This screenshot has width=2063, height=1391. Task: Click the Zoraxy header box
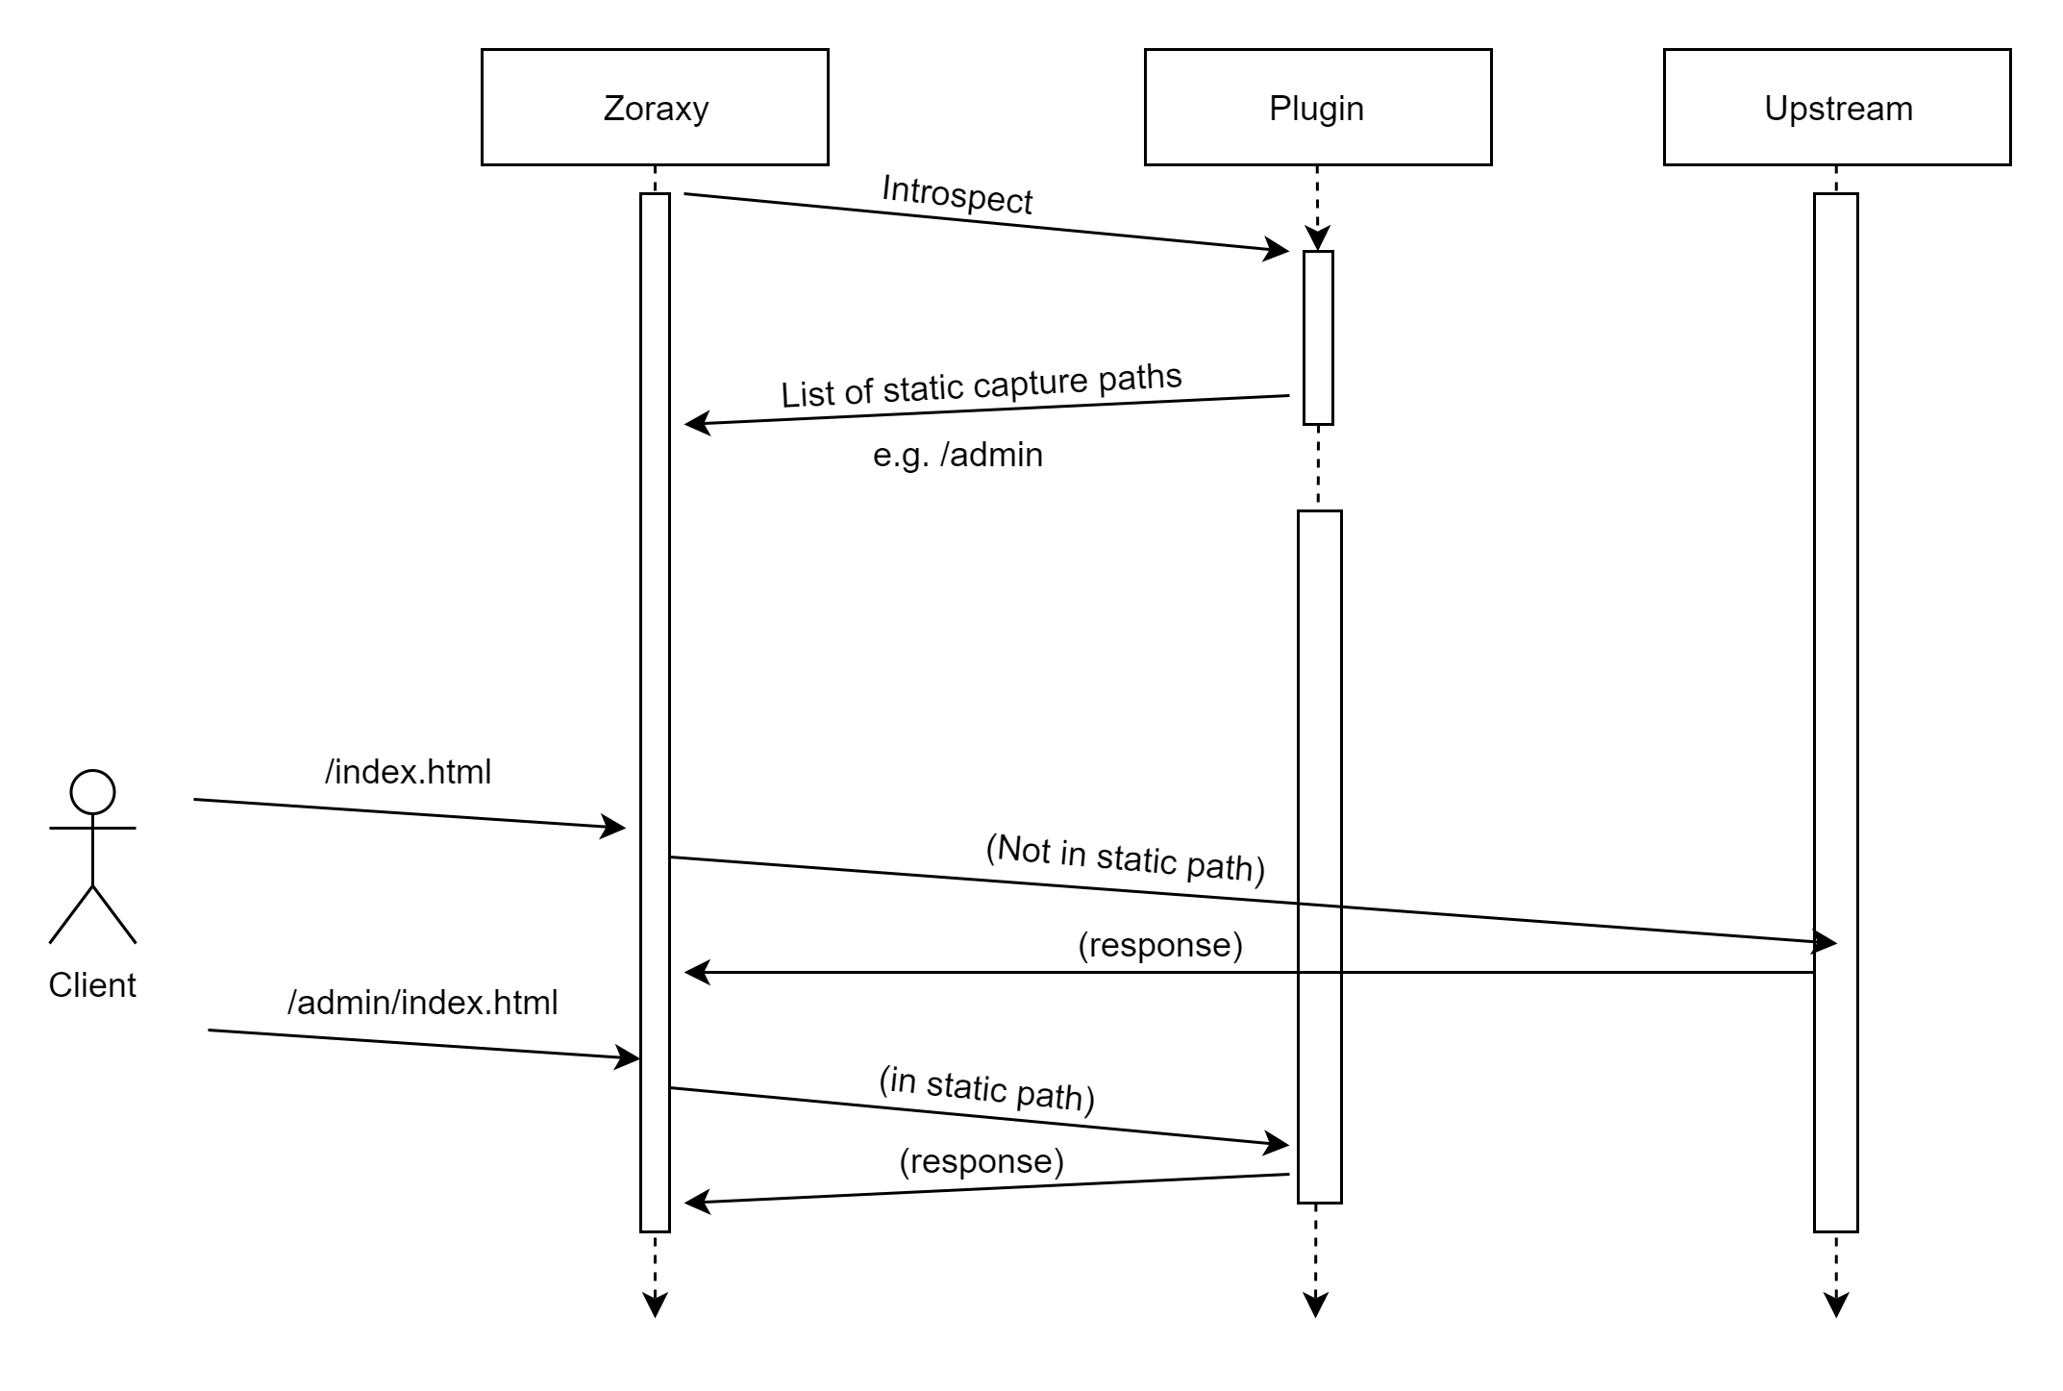pos(655,107)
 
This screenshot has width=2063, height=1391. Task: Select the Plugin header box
pos(1317,107)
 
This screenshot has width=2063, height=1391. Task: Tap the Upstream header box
pos(1836,107)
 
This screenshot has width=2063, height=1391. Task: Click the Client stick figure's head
pos(93,793)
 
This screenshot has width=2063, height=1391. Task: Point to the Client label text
pos(92,985)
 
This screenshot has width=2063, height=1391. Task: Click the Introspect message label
pos(957,195)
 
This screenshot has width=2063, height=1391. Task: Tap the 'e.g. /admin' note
pos(957,455)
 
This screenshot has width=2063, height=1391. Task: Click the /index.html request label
pos(408,772)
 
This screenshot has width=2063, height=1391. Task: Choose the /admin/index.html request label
pos(422,1003)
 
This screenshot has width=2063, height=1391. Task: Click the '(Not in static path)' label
pos(1125,858)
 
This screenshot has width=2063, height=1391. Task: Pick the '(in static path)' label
pos(986,1088)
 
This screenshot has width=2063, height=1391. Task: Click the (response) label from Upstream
pos(1159,945)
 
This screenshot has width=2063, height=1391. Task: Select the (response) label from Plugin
pos(981,1161)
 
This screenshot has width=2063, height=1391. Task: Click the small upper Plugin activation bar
pos(1318,336)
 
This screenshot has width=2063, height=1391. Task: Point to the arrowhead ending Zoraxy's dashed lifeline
pos(655,1305)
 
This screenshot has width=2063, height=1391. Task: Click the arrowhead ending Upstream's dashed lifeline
pos(1836,1305)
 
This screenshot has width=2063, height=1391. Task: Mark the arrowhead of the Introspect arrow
pos(1278,250)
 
